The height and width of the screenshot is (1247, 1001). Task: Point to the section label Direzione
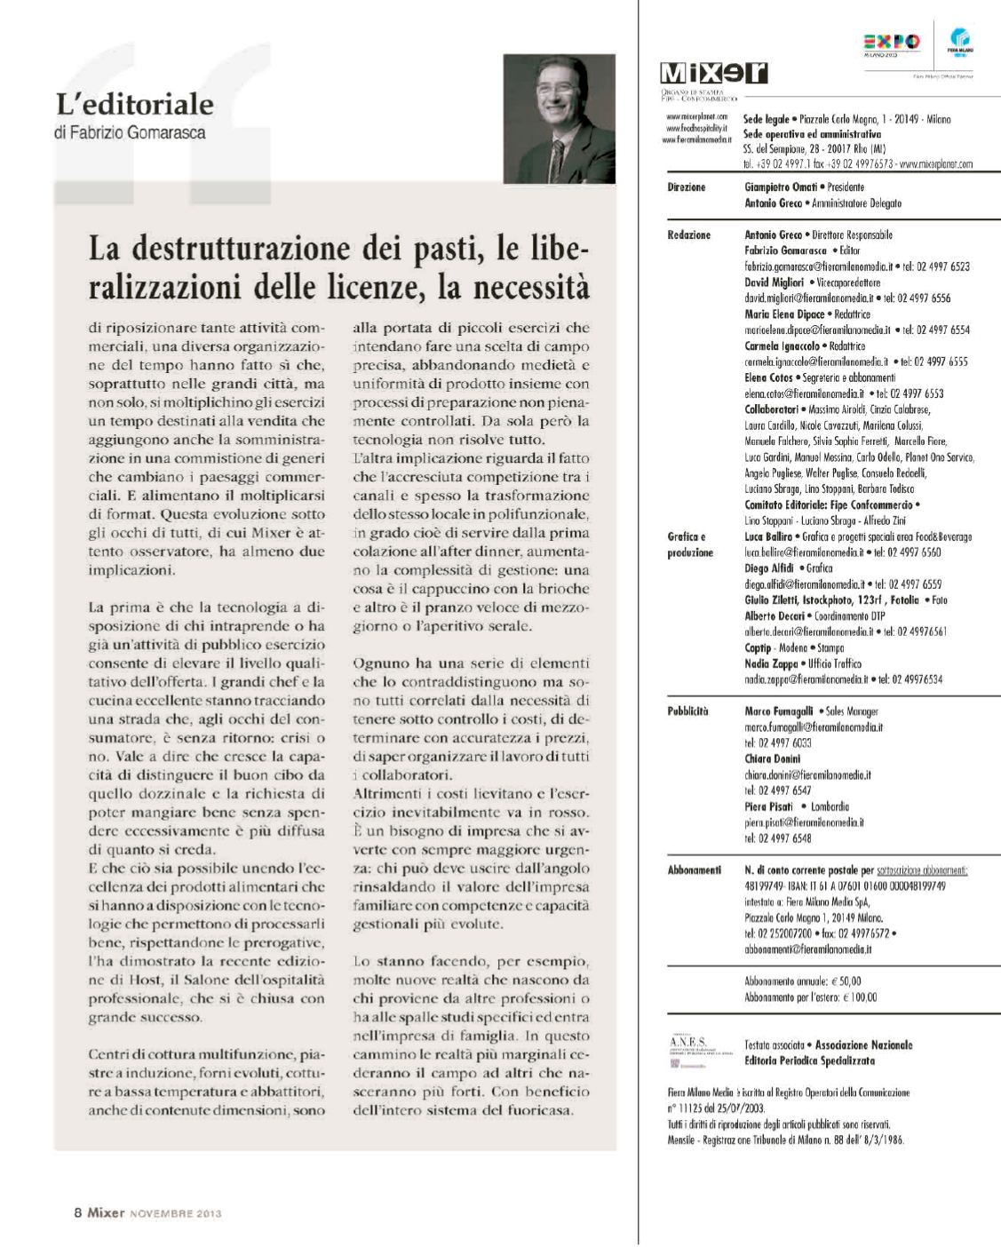tap(686, 188)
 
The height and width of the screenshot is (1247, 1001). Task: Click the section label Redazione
tap(688, 235)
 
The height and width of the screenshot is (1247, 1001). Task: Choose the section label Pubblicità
tap(687, 711)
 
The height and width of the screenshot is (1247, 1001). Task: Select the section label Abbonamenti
tap(693, 871)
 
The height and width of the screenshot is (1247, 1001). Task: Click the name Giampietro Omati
tap(780, 188)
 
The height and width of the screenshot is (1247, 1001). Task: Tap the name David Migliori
tap(773, 282)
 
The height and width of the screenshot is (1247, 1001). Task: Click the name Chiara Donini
tap(772, 759)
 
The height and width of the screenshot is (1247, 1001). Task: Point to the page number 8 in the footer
tap(78, 1212)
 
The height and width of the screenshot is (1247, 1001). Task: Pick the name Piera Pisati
tap(769, 806)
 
